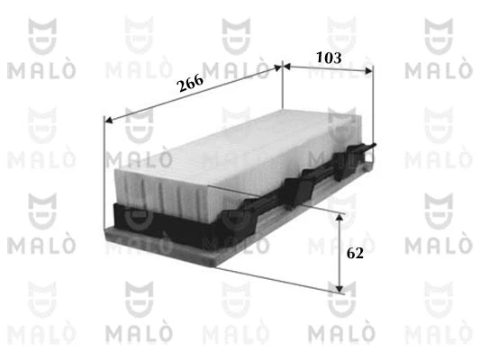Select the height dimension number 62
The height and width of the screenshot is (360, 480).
(354, 254)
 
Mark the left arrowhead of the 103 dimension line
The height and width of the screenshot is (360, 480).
(287, 67)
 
